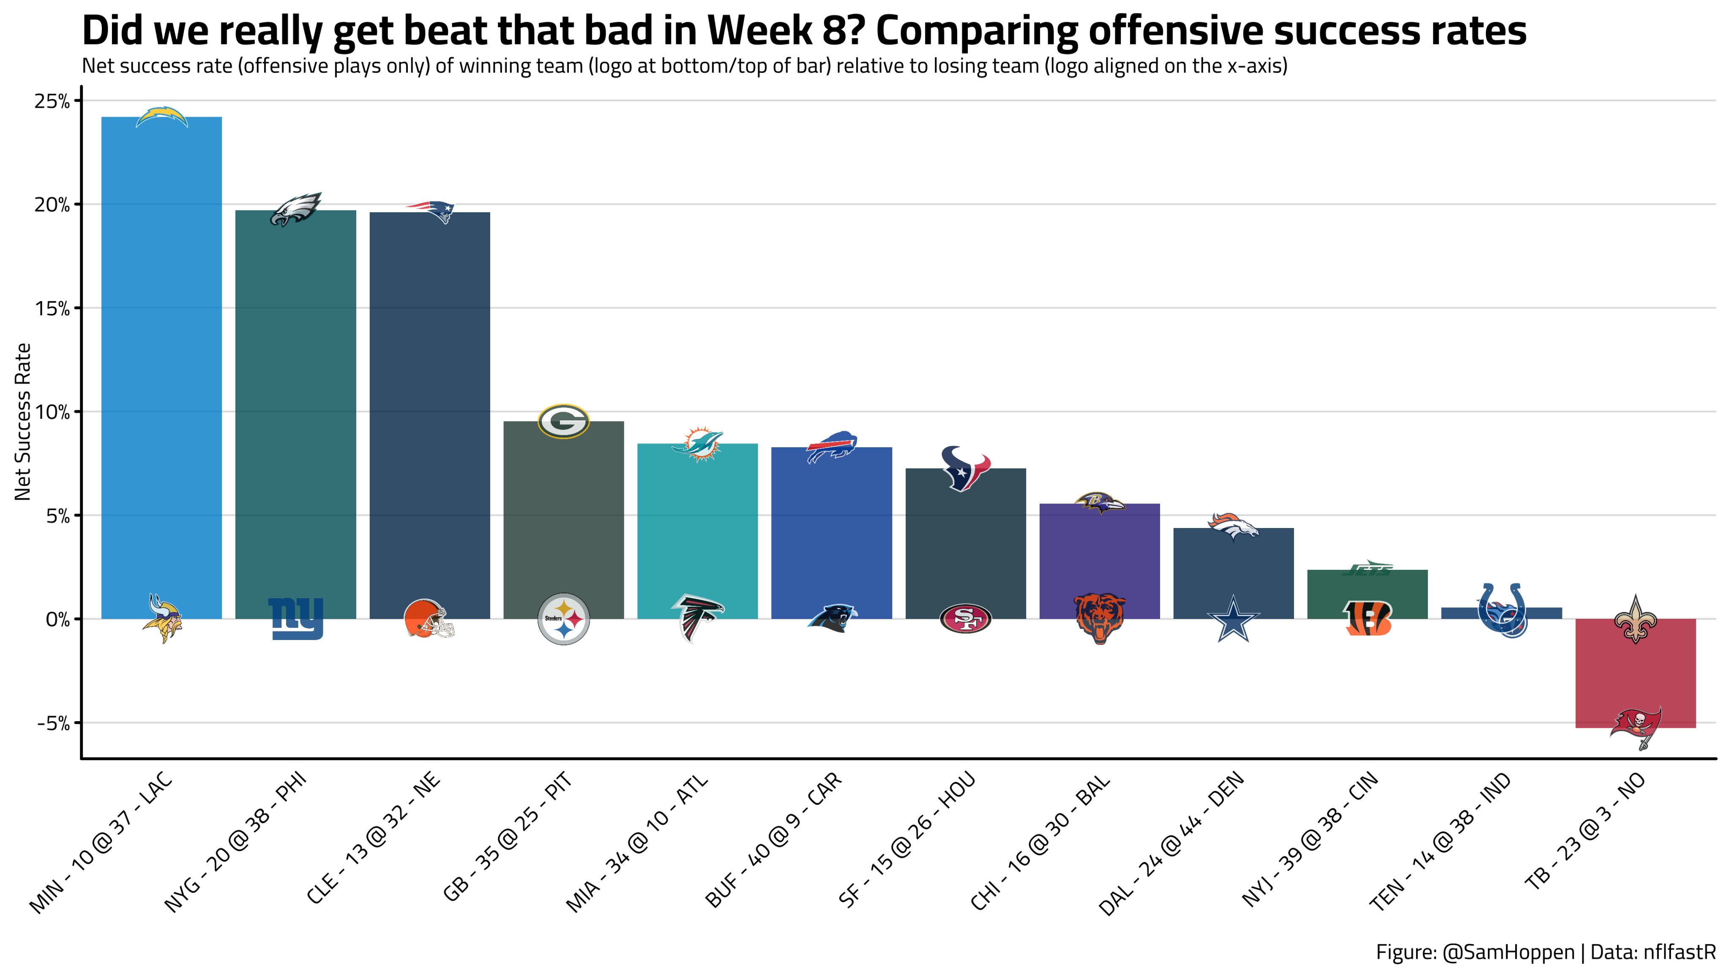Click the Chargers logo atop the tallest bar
click(161, 117)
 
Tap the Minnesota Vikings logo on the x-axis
click(161, 618)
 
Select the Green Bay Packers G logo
click(563, 421)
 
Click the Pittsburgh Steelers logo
click(563, 618)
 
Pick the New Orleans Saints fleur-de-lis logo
click(1635, 618)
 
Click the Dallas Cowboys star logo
click(1234, 619)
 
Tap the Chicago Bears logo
click(1099, 618)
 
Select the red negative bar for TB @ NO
click(1635, 672)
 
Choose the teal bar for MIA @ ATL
click(697, 524)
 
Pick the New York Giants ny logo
click(296, 618)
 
